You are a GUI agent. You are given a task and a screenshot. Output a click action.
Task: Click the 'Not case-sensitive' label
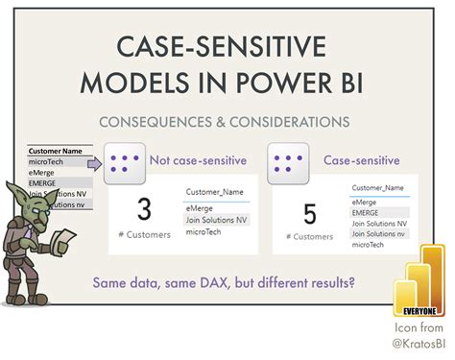click(197, 161)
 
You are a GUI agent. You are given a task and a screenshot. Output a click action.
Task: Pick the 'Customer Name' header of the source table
click(58, 151)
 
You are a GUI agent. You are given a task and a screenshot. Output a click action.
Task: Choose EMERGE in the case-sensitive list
click(366, 213)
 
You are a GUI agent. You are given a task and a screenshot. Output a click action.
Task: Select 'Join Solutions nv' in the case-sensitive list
click(378, 234)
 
